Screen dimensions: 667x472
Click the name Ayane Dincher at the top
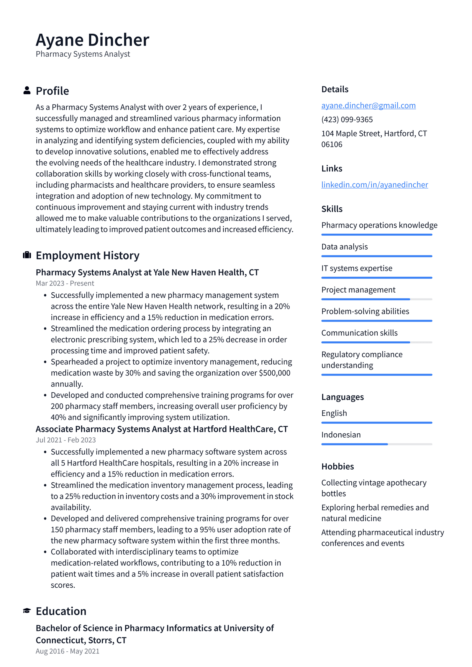click(x=92, y=40)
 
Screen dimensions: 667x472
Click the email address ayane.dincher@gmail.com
click(x=368, y=105)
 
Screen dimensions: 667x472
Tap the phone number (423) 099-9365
click(x=347, y=119)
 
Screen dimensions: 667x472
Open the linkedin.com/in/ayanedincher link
click(x=374, y=185)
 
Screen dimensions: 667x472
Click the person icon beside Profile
click(x=27, y=91)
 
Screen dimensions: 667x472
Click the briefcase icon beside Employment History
click(x=27, y=255)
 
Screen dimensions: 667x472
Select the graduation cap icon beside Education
click(x=27, y=611)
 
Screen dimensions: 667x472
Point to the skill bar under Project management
click(x=376, y=299)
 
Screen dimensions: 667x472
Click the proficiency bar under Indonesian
click(x=376, y=444)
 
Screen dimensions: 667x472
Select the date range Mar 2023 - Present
click(x=65, y=283)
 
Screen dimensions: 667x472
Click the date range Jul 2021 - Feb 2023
click(x=66, y=440)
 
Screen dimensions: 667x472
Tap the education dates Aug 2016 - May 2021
click(x=68, y=651)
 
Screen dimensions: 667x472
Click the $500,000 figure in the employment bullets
click(x=274, y=373)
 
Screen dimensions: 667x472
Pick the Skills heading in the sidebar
click(x=332, y=209)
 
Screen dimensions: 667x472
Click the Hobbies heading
click(x=337, y=466)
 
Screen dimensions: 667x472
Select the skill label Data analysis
click(x=344, y=247)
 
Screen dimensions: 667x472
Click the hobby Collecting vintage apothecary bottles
click(x=373, y=488)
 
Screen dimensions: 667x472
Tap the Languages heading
click(x=342, y=397)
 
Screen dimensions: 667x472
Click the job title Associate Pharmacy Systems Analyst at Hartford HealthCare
click(x=161, y=429)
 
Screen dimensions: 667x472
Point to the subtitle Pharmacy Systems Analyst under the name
click(x=83, y=54)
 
